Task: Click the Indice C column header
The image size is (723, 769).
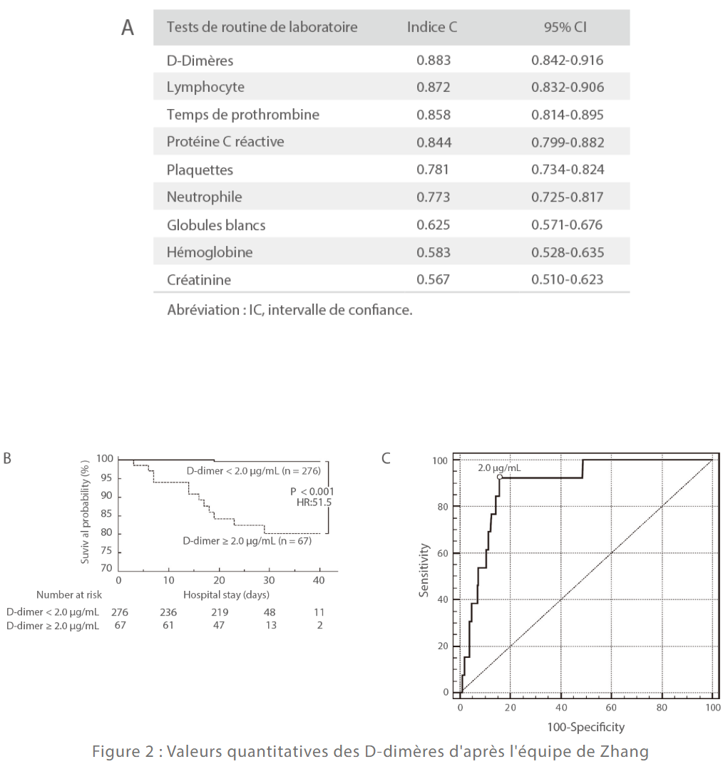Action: (x=432, y=28)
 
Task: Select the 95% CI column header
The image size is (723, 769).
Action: (x=568, y=28)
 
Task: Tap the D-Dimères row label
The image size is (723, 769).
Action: (x=200, y=61)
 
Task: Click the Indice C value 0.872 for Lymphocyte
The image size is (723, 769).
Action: (x=434, y=88)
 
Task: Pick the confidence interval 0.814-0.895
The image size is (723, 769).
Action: (x=568, y=115)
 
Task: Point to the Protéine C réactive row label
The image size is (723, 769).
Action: (x=225, y=142)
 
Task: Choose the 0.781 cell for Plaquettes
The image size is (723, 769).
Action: (x=434, y=170)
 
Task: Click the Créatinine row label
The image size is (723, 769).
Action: (x=199, y=279)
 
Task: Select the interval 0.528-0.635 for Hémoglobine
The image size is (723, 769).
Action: (x=568, y=252)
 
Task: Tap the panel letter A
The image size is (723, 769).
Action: (x=128, y=29)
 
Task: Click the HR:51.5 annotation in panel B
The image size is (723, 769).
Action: (x=314, y=502)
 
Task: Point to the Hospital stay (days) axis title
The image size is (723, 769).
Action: (x=226, y=594)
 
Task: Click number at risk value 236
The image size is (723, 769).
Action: (x=168, y=611)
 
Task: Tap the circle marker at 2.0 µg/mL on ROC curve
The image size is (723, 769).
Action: (x=500, y=477)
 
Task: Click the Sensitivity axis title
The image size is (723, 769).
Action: (x=425, y=570)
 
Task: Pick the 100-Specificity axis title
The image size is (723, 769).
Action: (x=587, y=727)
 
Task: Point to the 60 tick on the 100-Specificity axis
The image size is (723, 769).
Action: (x=612, y=708)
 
